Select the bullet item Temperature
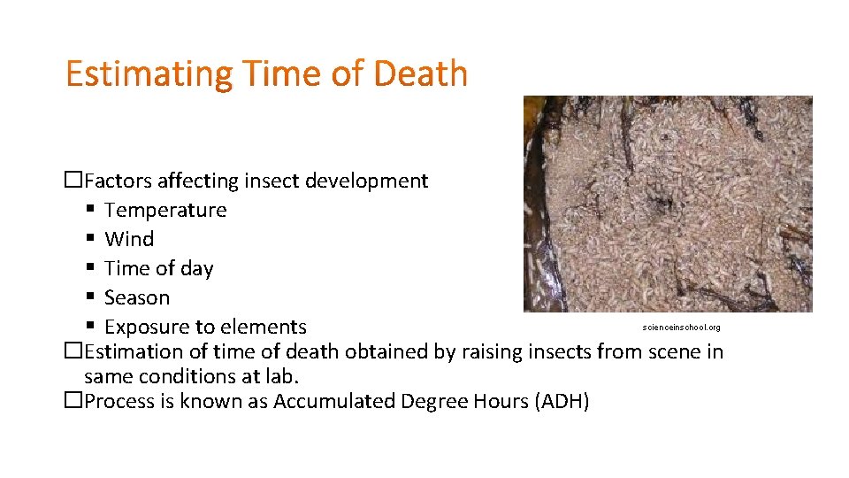(x=165, y=211)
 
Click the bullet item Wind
(x=129, y=240)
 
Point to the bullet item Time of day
(x=159, y=269)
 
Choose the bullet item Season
(x=137, y=298)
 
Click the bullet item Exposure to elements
(x=205, y=328)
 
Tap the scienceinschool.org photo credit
(x=682, y=328)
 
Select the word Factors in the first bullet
(x=119, y=181)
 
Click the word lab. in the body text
(x=284, y=377)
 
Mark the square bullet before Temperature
(x=91, y=211)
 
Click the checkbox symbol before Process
(x=73, y=402)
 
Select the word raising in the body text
(x=493, y=352)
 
